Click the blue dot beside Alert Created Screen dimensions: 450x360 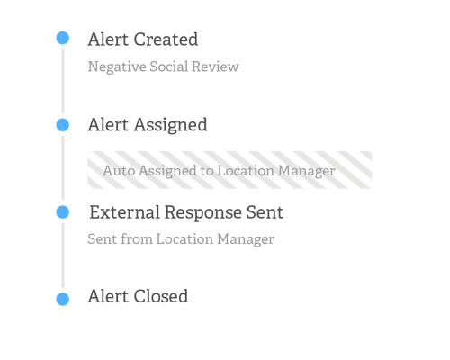click(63, 38)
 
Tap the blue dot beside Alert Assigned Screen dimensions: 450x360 click(63, 125)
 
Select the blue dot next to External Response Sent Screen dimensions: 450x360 click(63, 212)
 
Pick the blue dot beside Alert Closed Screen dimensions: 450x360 click(63, 299)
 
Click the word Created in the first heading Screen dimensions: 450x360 click(166, 40)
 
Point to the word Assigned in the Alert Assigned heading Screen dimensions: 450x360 click(170, 125)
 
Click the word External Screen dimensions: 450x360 click(125, 212)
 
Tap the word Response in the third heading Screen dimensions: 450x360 click(203, 213)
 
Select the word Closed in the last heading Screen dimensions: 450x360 click(161, 296)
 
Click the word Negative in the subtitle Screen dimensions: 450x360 click(117, 67)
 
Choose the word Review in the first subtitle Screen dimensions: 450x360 click(215, 67)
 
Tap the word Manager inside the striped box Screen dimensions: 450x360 click(306, 171)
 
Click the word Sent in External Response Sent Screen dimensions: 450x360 click(265, 212)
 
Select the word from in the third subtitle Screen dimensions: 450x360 click(137, 239)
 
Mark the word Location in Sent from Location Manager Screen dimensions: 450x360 click(184, 239)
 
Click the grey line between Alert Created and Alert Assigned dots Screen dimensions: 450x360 click(63, 81)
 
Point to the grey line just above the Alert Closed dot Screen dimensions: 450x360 click(63, 256)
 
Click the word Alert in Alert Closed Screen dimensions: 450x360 click(108, 296)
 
